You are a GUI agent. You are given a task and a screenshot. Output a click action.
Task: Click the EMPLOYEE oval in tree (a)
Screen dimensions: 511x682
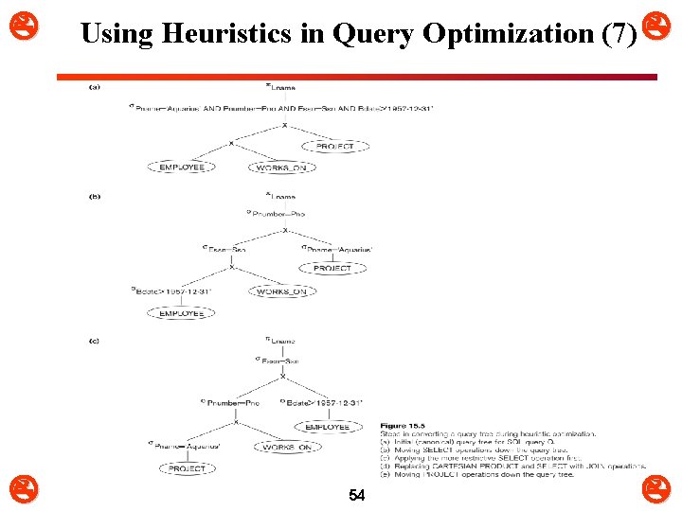pos(182,167)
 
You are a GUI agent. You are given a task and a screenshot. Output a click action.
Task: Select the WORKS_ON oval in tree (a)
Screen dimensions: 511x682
pos(283,167)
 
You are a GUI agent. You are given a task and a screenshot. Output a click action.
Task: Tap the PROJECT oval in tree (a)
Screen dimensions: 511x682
pos(334,147)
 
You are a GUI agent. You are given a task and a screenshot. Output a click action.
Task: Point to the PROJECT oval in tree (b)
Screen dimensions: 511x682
pos(332,268)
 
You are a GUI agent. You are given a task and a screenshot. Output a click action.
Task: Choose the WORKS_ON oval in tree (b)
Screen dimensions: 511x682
pos(282,291)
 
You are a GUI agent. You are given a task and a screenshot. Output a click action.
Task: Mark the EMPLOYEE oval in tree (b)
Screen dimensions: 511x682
pos(181,313)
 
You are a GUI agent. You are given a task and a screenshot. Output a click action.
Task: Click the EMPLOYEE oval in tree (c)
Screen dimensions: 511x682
pos(327,427)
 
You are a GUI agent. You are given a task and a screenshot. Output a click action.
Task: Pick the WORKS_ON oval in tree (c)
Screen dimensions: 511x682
pos(286,447)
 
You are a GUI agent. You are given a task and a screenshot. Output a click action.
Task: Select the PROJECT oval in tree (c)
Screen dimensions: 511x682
pos(187,468)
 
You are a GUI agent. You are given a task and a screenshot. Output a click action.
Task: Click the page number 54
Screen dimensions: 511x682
pos(357,495)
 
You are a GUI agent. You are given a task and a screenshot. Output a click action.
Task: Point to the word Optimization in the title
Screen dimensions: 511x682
pos(508,34)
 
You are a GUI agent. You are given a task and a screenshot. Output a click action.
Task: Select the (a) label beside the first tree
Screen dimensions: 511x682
pos(94,87)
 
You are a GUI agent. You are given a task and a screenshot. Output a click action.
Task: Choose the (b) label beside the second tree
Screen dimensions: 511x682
pos(94,197)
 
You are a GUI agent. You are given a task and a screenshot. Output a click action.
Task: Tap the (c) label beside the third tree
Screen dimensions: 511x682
pos(94,341)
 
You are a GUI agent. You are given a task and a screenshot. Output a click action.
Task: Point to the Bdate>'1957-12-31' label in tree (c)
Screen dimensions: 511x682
pos(322,403)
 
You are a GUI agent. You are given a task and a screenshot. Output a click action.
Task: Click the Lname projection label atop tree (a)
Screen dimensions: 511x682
pos(280,88)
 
